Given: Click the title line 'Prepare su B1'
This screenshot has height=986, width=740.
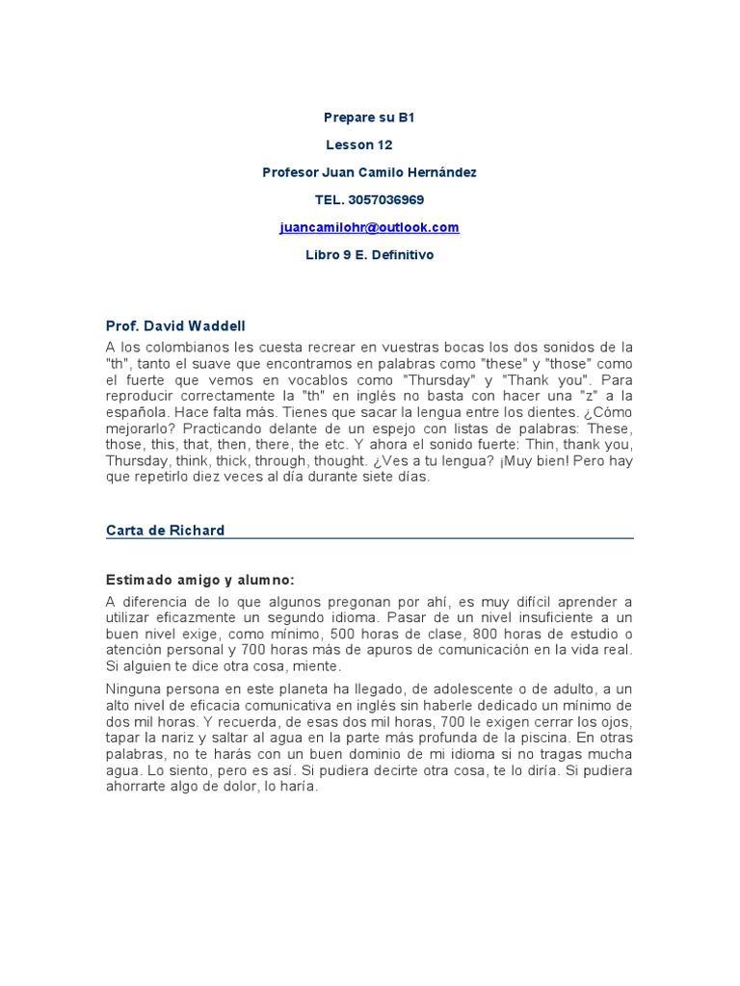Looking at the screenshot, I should click(x=369, y=117).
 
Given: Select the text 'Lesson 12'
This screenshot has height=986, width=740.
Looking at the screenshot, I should click(x=358, y=145).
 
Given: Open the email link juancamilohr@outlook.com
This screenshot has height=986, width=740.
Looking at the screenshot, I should click(x=369, y=227).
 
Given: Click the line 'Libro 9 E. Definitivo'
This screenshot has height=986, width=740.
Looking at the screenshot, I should click(x=369, y=255).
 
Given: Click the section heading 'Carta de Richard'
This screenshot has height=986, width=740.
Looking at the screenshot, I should click(x=165, y=531).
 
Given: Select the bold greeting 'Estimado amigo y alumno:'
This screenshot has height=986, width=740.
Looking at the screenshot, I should click(x=199, y=580).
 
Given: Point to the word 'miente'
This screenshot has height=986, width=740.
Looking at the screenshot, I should click(x=318, y=666).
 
